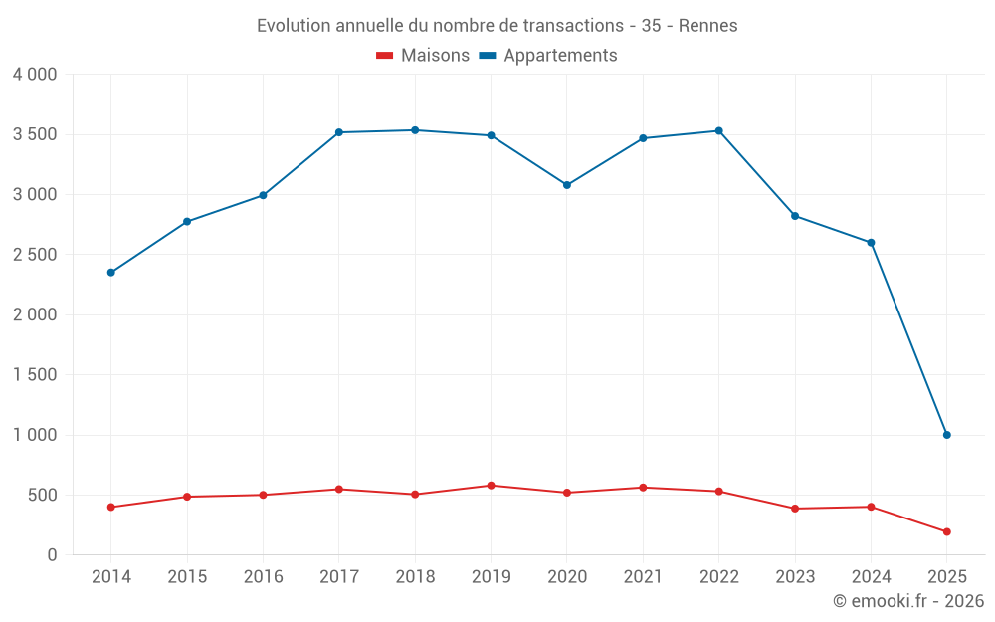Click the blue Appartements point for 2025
coord(946,435)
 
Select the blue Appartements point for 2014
coord(111,273)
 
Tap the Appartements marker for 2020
coord(567,185)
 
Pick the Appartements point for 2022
coord(718,131)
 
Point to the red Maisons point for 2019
coord(491,486)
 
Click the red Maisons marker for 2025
coord(946,531)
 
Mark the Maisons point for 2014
coord(111,507)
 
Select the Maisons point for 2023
coord(795,509)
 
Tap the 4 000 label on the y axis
coord(35,75)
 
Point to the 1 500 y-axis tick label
coord(35,375)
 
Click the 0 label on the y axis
coord(53,555)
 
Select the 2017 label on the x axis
coord(339,577)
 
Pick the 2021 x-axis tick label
coord(643,577)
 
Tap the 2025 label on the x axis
coord(946,577)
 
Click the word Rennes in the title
coord(707,26)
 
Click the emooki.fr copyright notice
coord(908,601)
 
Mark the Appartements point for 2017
coord(339,132)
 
